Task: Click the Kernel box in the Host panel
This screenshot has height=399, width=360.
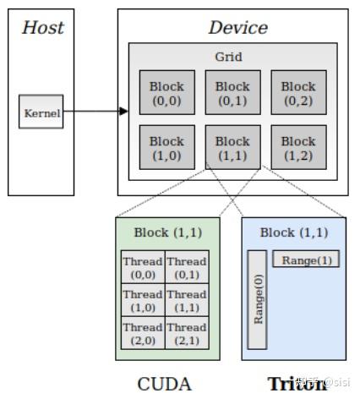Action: [x=41, y=112]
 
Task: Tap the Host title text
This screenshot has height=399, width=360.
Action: [x=42, y=27]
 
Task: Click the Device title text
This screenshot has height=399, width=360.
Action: [x=237, y=27]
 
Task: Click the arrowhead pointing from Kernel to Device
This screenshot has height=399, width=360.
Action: [x=123, y=111]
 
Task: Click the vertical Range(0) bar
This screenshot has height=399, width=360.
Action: [x=257, y=299]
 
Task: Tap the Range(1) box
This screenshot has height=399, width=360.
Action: [x=305, y=260]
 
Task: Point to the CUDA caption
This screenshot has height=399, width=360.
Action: [x=166, y=383]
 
